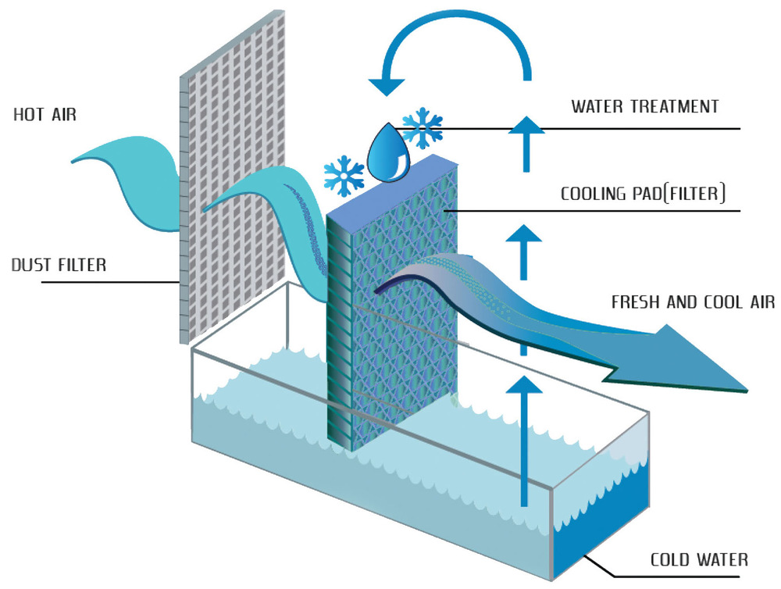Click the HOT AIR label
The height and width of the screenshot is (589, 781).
pos(45,115)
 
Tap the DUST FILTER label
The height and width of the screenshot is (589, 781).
pos(59,265)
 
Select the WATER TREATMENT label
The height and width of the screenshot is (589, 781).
pos(644,106)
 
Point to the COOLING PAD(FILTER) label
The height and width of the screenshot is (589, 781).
pos(643,193)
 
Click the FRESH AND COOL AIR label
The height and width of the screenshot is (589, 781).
pos(693,302)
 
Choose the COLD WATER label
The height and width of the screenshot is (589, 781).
pos(699,559)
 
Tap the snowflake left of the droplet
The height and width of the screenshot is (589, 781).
pos(344,176)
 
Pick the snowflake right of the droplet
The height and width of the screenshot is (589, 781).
pos(423,128)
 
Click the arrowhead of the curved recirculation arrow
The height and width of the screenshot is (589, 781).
pos(387,86)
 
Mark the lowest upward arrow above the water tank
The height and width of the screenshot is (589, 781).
pos(523,441)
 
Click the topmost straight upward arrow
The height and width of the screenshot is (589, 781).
pos(526,144)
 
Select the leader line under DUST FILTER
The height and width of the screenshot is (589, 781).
pos(110,283)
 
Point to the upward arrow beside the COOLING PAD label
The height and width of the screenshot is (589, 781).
pos(523,252)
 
